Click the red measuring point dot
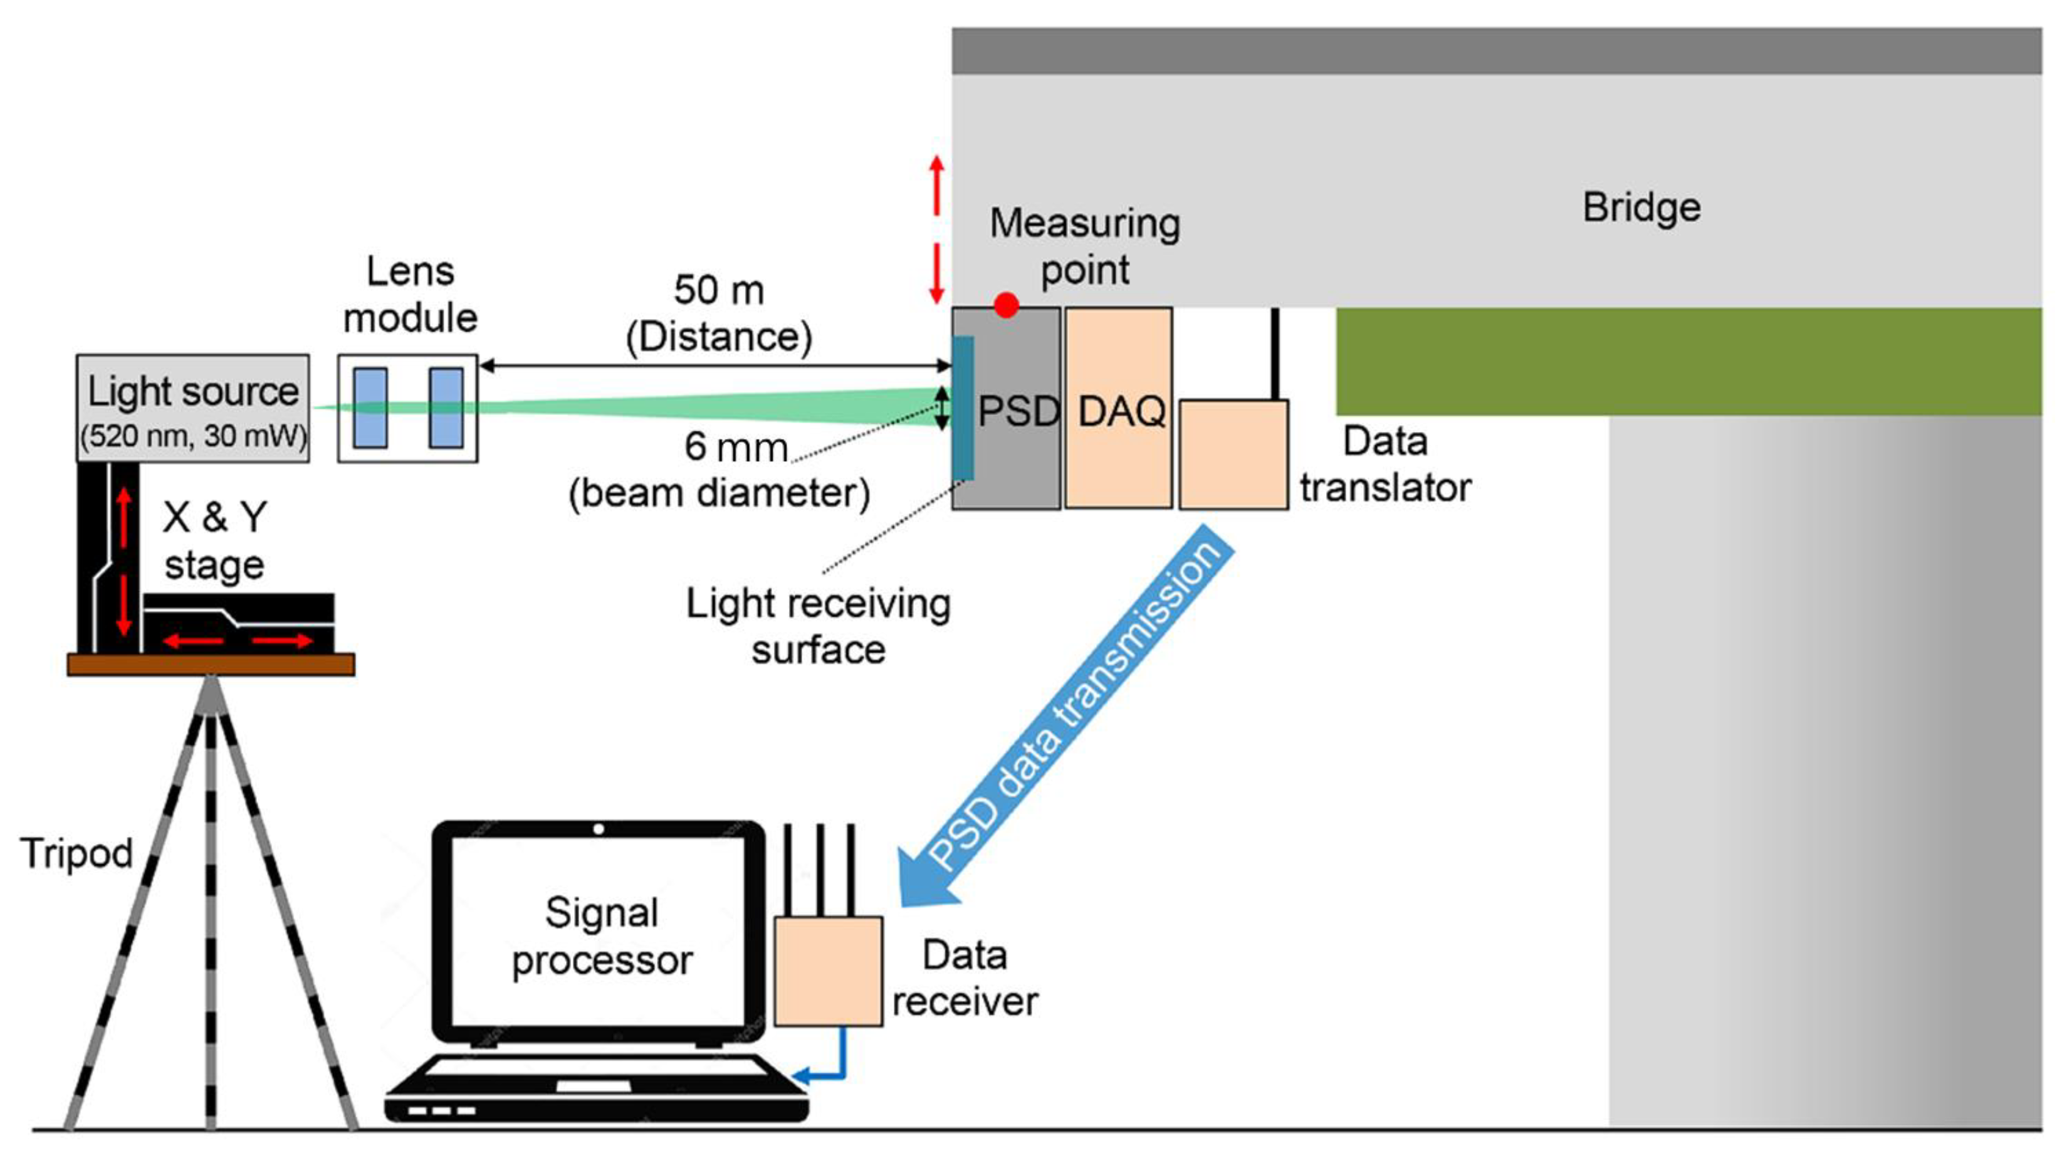[1006, 304]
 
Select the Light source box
[192, 408]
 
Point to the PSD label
[1018, 411]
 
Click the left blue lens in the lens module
[370, 408]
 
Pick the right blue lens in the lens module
[446, 408]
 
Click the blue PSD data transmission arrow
[1070, 719]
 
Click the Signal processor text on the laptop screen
[601, 935]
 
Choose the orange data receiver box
[828, 971]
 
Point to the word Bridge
[1641, 208]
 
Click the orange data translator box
[1233, 454]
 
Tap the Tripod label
[76, 853]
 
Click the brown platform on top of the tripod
[211, 664]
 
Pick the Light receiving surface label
[818, 626]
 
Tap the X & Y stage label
[214, 541]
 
